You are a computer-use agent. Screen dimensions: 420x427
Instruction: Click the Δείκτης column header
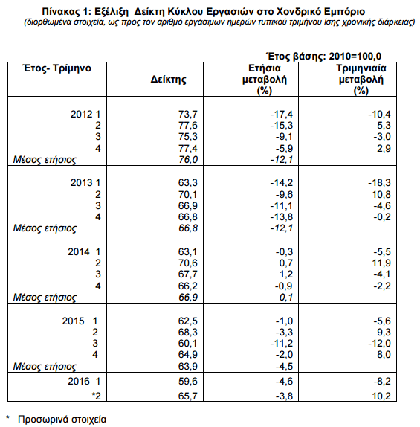point(168,80)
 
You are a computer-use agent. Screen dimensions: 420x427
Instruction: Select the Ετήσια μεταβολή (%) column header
point(265,80)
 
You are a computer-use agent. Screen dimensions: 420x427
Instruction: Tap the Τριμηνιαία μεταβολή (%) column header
point(361,80)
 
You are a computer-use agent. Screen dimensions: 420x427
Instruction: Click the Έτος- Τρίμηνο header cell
point(57,68)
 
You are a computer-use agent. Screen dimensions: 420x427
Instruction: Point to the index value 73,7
point(188,114)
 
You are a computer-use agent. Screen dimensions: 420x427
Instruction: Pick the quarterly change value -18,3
point(379,182)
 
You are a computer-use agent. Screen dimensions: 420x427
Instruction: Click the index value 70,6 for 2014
point(188,263)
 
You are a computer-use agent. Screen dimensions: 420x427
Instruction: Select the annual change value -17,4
point(282,114)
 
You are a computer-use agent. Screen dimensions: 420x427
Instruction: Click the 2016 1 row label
point(84,381)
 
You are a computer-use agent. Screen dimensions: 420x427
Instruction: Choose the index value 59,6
point(188,381)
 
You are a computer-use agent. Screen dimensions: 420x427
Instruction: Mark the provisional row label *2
point(97,396)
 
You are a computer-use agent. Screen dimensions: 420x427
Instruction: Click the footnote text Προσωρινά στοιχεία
point(62,419)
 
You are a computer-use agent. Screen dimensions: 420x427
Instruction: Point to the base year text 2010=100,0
point(355,56)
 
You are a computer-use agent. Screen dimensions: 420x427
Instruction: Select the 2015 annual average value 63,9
point(188,366)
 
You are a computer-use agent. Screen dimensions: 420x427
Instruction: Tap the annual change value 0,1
point(286,297)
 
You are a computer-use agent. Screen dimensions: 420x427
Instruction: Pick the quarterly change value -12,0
point(379,344)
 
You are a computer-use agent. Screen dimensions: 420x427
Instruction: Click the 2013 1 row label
point(85,182)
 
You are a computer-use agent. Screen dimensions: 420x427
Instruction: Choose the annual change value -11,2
point(282,344)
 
